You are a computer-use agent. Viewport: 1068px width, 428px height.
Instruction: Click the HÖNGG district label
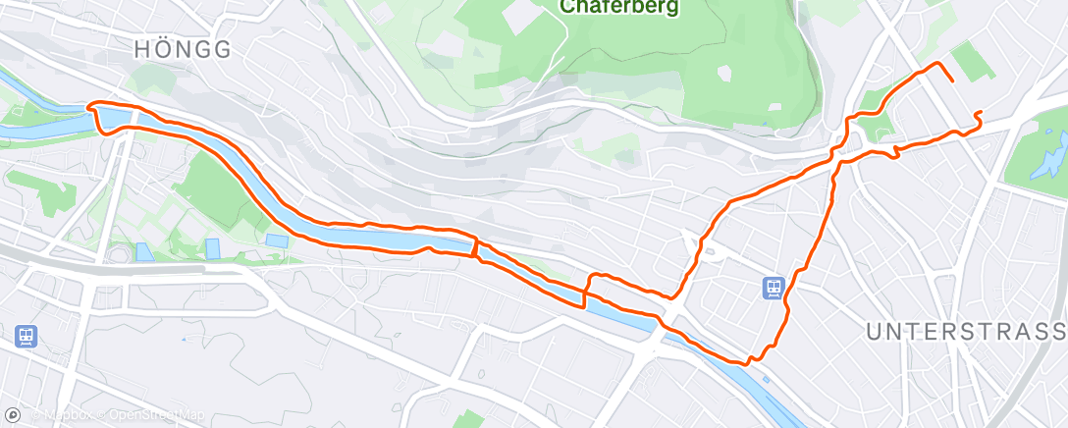[185, 49]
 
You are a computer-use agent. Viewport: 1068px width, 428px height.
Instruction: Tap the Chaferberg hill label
[619, 6]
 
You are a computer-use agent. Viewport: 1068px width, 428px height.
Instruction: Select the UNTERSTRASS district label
[966, 332]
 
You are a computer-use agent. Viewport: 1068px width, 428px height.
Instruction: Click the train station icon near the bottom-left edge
[25, 337]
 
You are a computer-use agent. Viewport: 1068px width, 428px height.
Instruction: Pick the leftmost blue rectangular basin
[144, 251]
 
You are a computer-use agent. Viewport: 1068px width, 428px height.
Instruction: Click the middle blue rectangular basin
[213, 248]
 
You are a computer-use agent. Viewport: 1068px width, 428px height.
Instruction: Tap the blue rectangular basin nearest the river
[278, 241]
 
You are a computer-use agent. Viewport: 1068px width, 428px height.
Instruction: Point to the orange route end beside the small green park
[951, 80]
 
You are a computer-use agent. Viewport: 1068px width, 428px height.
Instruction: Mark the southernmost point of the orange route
[746, 363]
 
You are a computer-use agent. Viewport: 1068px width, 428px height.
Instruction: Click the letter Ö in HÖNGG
[162, 49]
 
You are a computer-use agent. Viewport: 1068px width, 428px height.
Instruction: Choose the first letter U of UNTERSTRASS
[873, 332]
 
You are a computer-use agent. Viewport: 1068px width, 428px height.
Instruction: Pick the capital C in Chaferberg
[566, 6]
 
